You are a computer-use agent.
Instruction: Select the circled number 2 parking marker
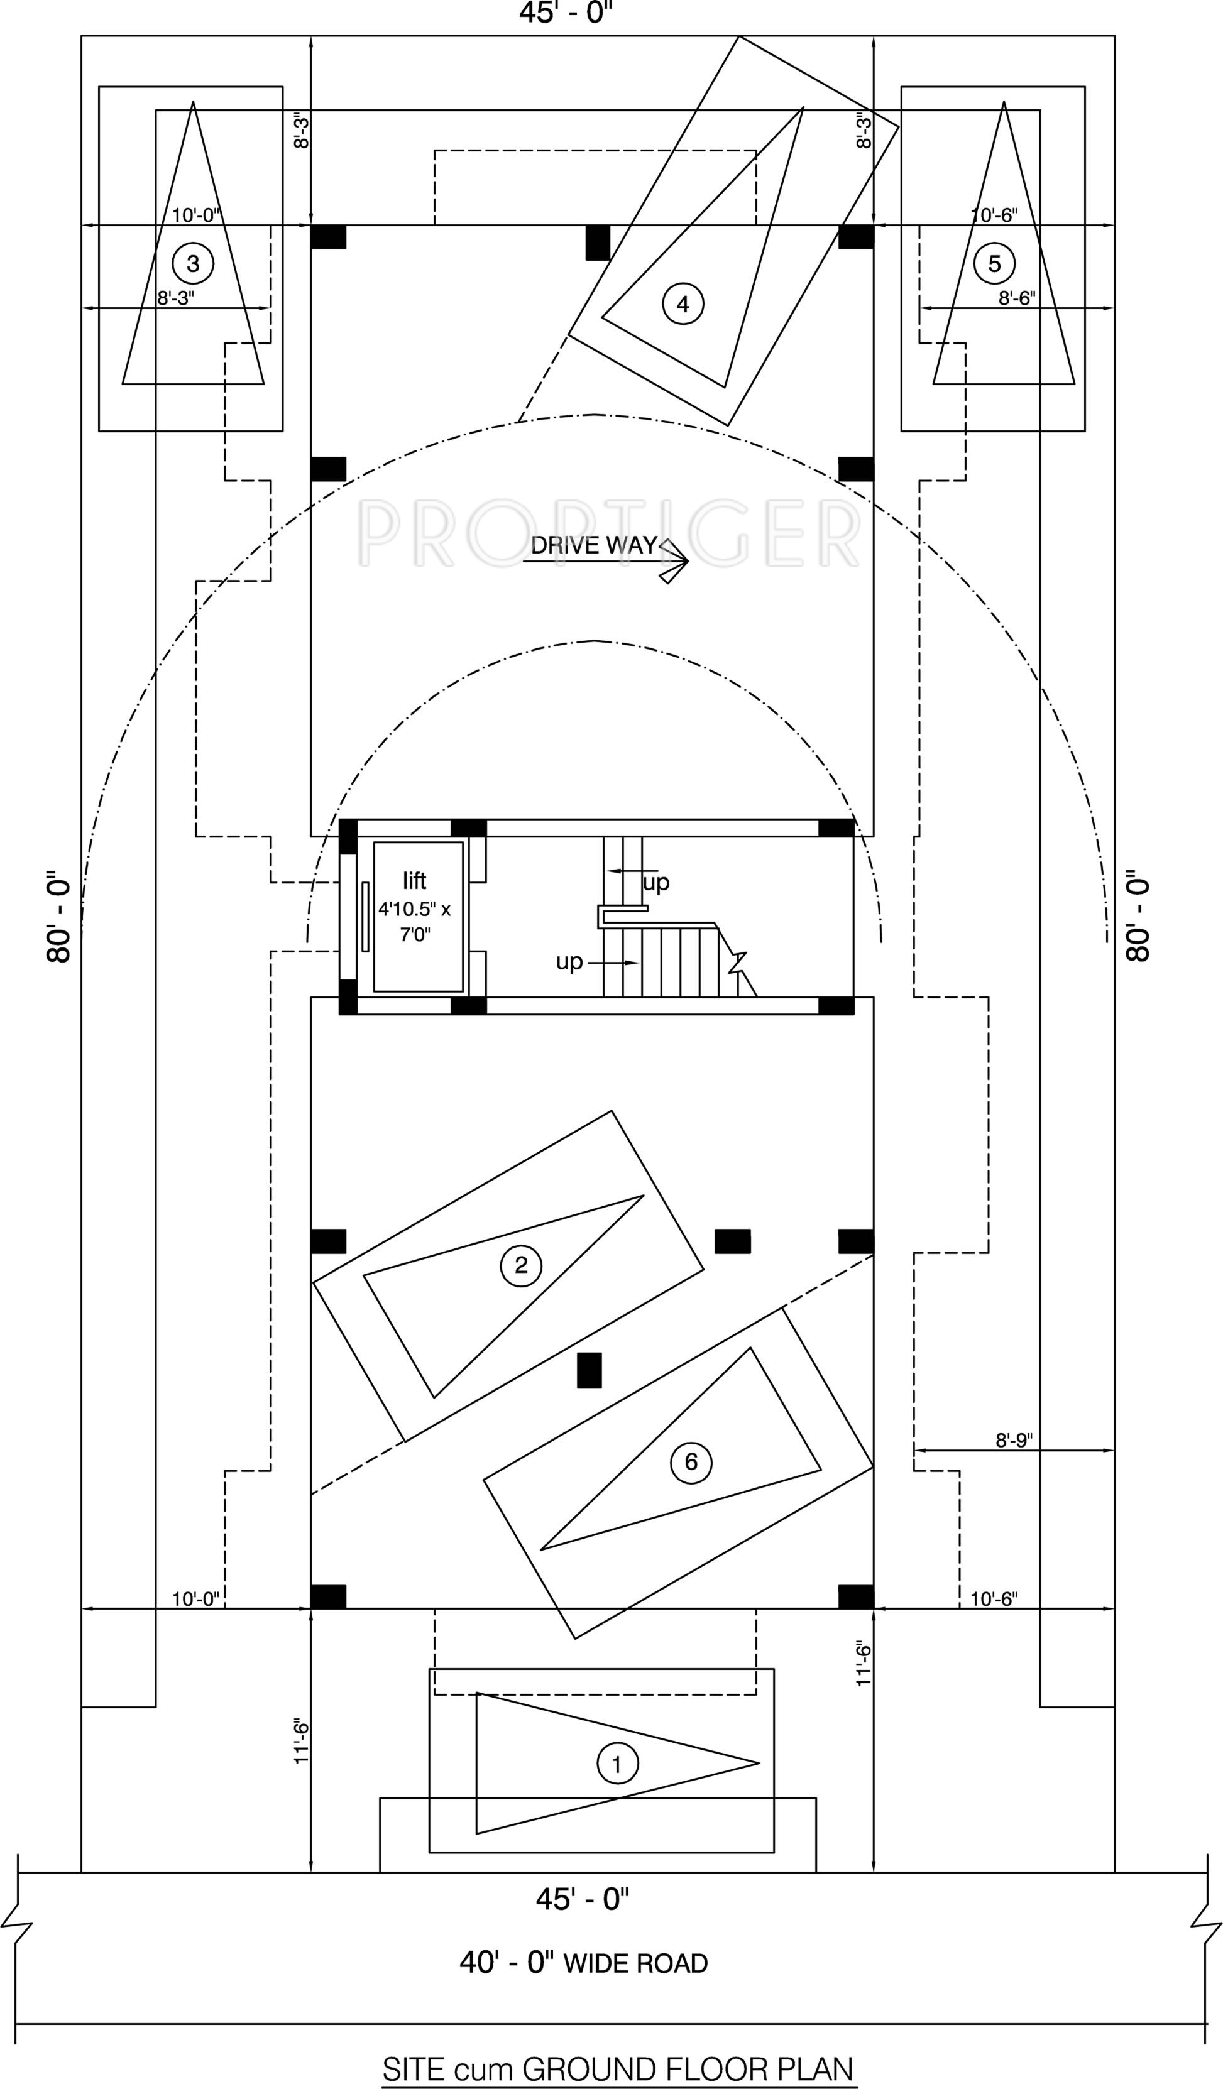521,1265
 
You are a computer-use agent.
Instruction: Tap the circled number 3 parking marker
192,264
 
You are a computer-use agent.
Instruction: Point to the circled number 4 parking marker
683,304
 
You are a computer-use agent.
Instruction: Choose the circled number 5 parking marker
994,264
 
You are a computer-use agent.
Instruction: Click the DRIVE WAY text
594,545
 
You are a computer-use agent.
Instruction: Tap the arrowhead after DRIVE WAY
675,561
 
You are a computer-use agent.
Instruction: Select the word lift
415,880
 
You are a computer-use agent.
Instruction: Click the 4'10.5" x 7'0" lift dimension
415,922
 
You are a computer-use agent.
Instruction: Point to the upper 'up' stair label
656,883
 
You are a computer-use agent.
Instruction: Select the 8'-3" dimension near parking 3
176,298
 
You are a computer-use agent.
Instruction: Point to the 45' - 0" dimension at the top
566,13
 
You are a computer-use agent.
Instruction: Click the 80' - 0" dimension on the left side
59,916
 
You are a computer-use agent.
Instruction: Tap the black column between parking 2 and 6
589,1370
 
